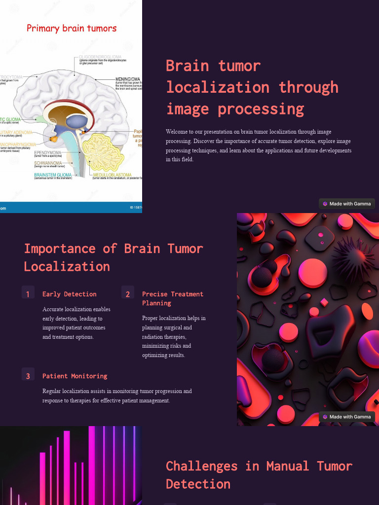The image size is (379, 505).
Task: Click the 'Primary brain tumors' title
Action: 72,28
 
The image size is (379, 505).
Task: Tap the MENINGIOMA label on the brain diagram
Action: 128,79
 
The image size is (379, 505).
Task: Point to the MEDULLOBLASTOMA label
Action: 112,175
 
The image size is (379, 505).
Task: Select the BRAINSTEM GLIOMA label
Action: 53,175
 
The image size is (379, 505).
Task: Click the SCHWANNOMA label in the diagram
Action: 48,163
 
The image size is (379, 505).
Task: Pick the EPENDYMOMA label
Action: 48,152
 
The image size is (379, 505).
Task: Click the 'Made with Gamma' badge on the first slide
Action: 347,204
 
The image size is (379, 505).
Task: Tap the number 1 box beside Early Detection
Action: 28,293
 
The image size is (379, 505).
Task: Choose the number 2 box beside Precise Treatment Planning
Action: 128,293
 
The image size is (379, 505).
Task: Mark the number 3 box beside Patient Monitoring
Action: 28,375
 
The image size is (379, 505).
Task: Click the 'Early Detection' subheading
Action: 70,294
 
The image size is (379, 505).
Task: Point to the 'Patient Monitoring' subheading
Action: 75,376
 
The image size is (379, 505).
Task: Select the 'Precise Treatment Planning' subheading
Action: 173,298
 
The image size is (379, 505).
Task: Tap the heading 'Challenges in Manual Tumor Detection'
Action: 259,474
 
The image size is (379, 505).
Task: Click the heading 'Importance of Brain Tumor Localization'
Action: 114,257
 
